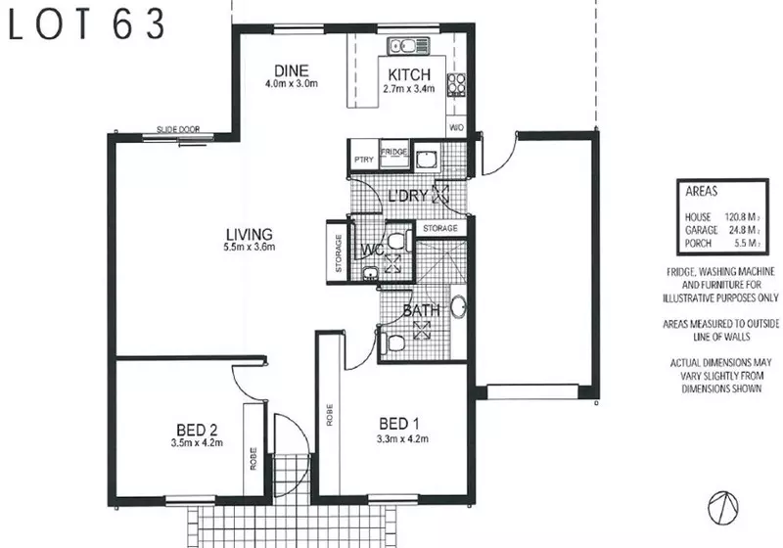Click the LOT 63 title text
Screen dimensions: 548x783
pyautogui.click(x=87, y=26)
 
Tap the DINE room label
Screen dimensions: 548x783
pyautogui.click(x=292, y=70)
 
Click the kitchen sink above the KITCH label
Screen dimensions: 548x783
pyautogui.click(x=401, y=45)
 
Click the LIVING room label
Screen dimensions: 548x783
pyautogui.click(x=248, y=234)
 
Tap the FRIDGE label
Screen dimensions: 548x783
pyautogui.click(x=394, y=153)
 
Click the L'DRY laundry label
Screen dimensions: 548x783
pyautogui.click(x=408, y=195)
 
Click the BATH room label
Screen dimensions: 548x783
pyautogui.click(x=421, y=312)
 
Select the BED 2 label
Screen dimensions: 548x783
pyautogui.click(x=197, y=430)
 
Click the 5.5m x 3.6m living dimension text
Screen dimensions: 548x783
pyautogui.click(x=248, y=248)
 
